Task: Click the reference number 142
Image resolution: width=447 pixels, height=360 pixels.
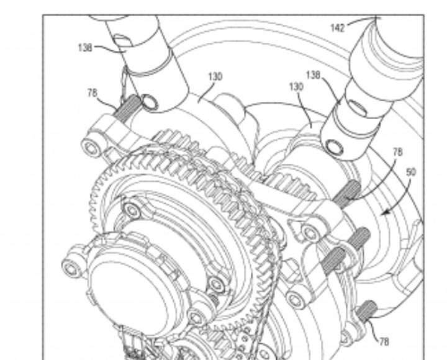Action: [x=338, y=28]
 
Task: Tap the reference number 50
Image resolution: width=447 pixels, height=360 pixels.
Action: [x=410, y=172]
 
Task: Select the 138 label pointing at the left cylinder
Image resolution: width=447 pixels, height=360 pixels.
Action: [x=85, y=48]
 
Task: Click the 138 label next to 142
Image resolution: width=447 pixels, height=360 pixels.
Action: [x=314, y=75]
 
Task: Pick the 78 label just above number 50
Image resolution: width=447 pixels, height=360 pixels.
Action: [x=398, y=152]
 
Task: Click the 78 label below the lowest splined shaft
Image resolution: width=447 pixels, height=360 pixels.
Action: [x=384, y=341]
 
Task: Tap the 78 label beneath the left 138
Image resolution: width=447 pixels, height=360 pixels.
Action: [x=93, y=93]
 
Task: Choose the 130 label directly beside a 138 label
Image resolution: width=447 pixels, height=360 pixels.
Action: [x=296, y=87]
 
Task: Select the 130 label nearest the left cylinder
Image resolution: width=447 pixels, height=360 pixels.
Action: [x=215, y=76]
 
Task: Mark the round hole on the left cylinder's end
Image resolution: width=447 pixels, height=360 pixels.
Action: [x=150, y=102]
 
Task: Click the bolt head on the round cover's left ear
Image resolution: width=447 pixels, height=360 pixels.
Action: [x=70, y=268]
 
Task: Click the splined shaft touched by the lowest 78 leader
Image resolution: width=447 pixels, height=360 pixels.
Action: [x=367, y=311]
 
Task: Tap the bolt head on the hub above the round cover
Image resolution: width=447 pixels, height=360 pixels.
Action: [x=132, y=210]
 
